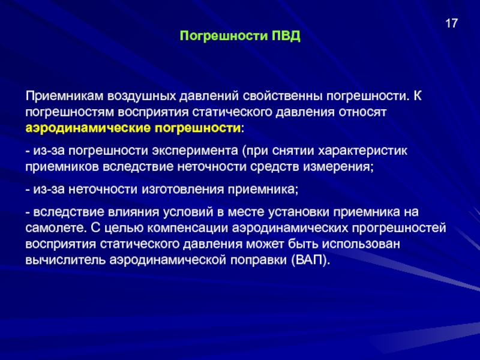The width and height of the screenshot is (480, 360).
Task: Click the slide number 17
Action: [451, 23]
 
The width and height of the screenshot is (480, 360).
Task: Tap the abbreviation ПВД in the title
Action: [286, 36]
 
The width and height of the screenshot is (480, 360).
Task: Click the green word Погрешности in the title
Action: [224, 37]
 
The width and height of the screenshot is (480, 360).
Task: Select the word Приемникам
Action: [64, 96]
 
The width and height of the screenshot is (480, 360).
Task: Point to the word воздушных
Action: [142, 96]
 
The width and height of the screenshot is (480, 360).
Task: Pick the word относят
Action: [362, 112]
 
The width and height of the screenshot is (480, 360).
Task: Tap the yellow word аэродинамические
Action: [88, 128]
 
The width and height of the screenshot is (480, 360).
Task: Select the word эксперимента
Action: [195, 151]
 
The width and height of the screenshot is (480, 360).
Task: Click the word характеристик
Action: [363, 151]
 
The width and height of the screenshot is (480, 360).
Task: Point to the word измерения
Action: [338, 167]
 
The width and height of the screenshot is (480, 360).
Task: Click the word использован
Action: [361, 244]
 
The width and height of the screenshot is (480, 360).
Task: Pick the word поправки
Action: [259, 260]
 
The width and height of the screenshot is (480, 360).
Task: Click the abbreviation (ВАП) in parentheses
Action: [311, 260]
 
